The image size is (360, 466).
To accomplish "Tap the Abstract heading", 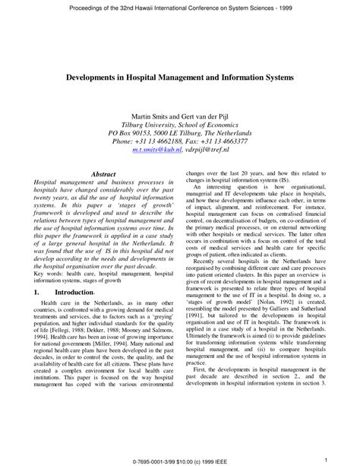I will click(103, 174).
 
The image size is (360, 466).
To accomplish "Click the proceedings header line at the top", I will click(180, 9).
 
